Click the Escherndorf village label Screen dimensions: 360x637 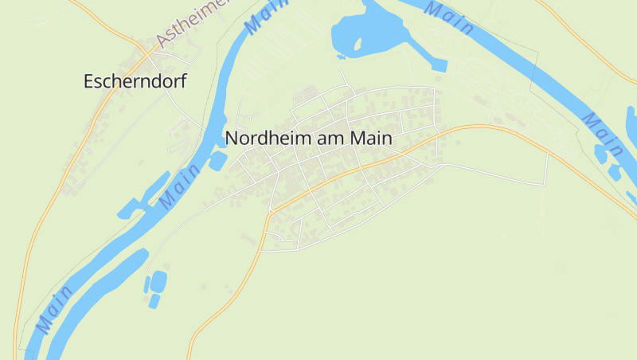(x=135, y=80)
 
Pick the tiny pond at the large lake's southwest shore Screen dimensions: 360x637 (x=341, y=57)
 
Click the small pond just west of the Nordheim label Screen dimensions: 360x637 (x=217, y=161)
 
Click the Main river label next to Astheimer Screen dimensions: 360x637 (x=264, y=18)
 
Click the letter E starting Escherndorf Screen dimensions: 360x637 (x=88, y=80)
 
